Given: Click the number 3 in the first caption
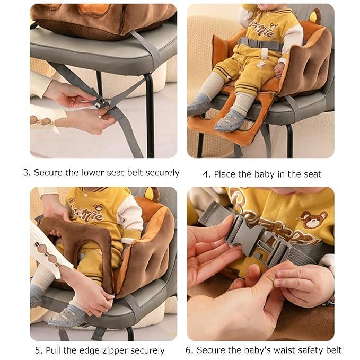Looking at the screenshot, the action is [27, 173].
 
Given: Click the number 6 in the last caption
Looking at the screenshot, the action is [189, 350].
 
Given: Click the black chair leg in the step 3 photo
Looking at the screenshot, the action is [149, 115].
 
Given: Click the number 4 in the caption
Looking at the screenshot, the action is [206, 174].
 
